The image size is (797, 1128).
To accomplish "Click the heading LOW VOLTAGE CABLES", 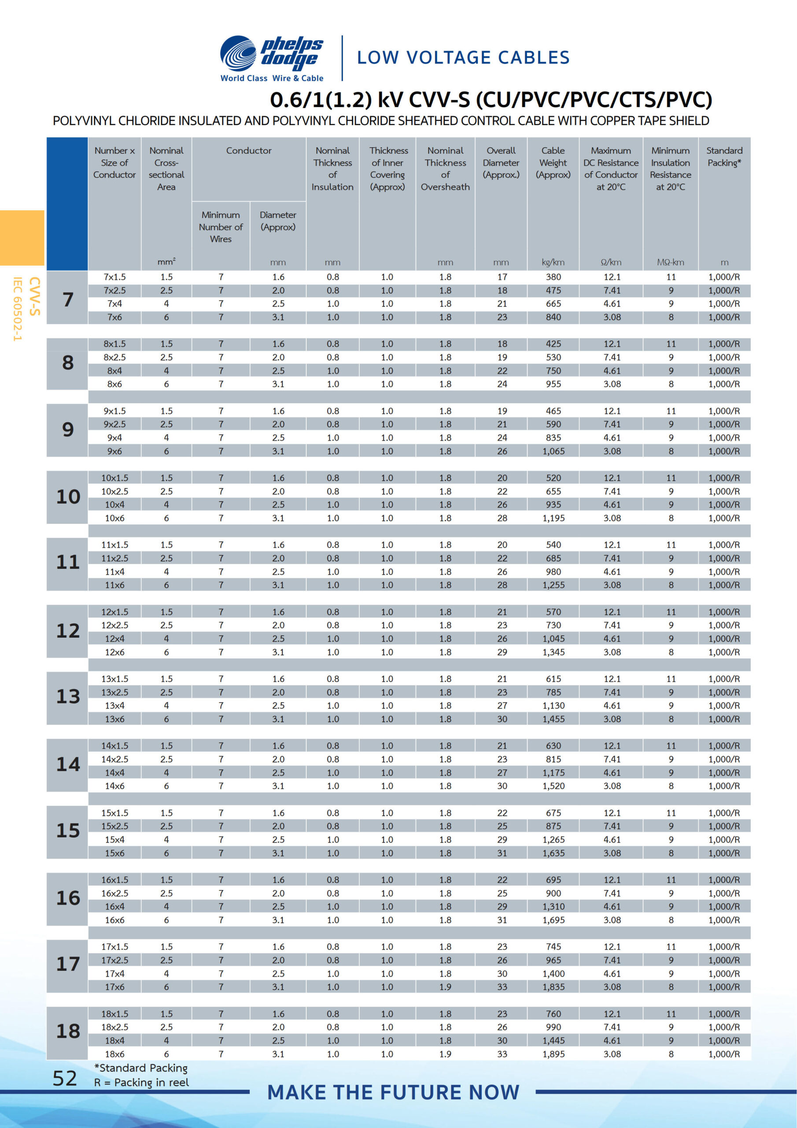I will (463, 57).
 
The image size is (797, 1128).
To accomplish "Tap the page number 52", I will (65, 1078).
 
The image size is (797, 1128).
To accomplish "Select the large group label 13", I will (68, 697).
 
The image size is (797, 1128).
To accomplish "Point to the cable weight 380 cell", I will (553, 277).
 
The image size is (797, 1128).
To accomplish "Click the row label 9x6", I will (114, 451).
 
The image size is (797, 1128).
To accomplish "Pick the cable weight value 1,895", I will (553, 1054).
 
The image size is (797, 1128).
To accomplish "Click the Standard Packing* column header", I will (724, 157).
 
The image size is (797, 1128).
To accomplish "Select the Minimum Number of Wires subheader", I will (221, 227).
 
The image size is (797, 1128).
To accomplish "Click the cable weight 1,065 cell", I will (553, 451).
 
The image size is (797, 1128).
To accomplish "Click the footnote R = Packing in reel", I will (141, 1082).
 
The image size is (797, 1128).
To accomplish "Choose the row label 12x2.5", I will (114, 625).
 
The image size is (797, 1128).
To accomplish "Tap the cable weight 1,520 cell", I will (553, 786).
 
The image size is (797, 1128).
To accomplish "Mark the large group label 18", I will (68, 1031).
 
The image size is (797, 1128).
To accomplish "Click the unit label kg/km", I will (553, 262).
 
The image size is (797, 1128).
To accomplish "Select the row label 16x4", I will (114, 906).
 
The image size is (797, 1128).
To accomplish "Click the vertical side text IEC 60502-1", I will (18, 308).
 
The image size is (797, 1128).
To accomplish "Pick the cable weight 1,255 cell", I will (553, 585).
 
